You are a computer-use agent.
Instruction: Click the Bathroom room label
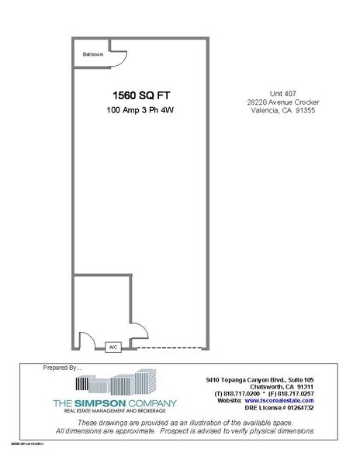pyautogui.click(x=95, y=54)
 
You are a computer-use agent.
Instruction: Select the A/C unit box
pyautogui.click(x=112, y=347)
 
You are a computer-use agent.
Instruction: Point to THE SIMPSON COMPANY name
pyautogui.click(x=114, y=403)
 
